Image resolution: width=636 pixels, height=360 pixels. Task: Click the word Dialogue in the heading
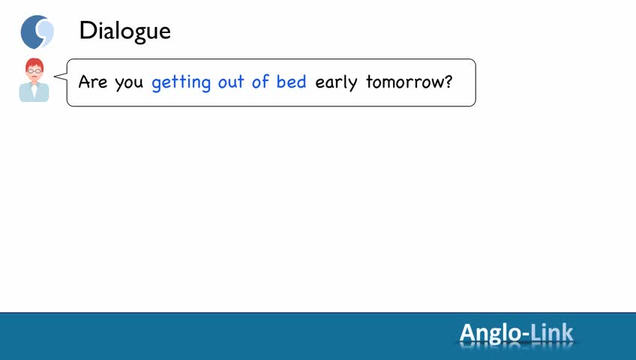pyautogui.click(x=125, y=31)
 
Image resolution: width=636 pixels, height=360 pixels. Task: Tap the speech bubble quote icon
pyautogui.click(x=37, y=31)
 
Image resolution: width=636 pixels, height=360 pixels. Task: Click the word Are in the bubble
pyautogui.click(x=93, y=82)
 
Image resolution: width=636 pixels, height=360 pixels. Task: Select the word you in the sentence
pyautogui.click(x=129, y=83)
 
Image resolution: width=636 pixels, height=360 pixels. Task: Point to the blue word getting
pyautogui.click(x=181, y=82)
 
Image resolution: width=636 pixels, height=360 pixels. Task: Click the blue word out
pyautogui.click(x=231, y=82)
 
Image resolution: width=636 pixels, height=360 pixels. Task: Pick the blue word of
pyautogui.click(x=260, y=81)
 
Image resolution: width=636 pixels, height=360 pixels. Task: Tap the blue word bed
pyautogui.click(x=291, y=81)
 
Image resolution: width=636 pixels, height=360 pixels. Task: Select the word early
pyautogui.click(x=336, y=82)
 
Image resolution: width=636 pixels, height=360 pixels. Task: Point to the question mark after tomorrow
pyautogui.click(x=448, y=81)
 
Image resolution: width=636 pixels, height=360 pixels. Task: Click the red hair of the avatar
pyautogui.click(x=34, y=63)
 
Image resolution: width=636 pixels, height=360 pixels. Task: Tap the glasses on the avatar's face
pyautogui.click(x=34, y=71)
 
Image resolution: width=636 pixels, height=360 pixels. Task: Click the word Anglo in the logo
pyautogui.click(x=490, y=334)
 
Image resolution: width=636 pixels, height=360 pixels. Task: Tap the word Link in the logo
pyautogui.click(x=552, y=332)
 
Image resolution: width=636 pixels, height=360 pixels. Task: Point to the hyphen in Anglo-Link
pyautogui.click(x=526, y=335)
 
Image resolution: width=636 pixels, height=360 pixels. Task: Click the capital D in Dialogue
pyautogui.click(x=88, y=31)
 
